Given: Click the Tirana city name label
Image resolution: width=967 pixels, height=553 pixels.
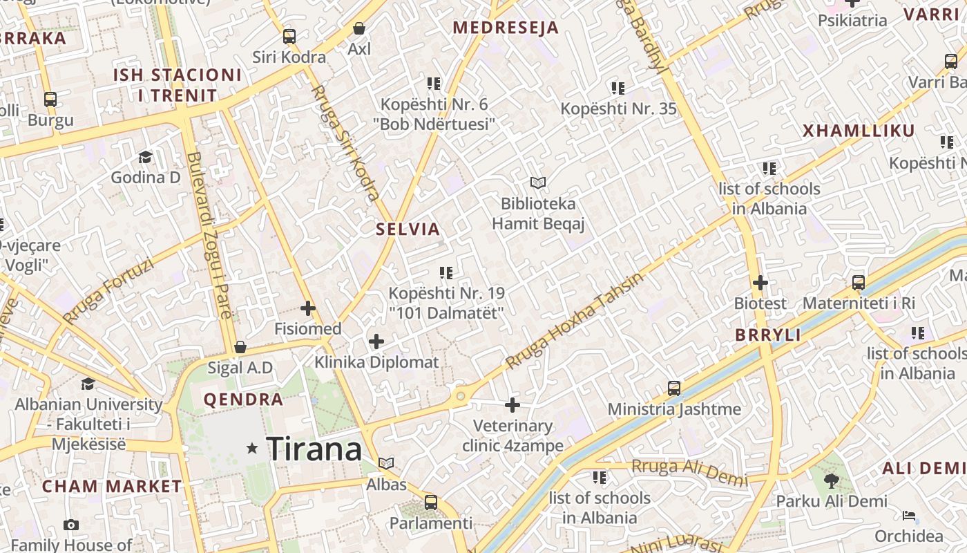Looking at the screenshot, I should pyautogui.click(x=314, y=449).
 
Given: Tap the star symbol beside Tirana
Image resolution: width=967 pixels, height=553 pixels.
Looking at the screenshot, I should pyautogui.click(x=252, y=449).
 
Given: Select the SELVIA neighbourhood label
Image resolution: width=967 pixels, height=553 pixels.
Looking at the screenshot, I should pyautogui.click(x=408, y=229).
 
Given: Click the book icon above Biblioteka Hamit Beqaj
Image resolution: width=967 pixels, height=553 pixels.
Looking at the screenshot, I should pyautogui.click(x=538, y=182).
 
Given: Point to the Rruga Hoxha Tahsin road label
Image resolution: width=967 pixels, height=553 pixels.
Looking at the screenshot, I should pyautogui.click(x=574, y=320).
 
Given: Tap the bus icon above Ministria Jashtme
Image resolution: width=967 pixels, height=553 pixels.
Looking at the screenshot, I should pyautogui.click(x=674, y=388).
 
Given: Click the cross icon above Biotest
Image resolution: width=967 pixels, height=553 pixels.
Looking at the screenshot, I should pyautogui.click(x=760, y=283).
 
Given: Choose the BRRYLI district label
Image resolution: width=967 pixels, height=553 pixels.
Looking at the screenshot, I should pyautogui.click(x=768, y=335).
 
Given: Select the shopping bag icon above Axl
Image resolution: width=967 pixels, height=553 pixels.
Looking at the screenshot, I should pyautogui.click(x=359, y=28).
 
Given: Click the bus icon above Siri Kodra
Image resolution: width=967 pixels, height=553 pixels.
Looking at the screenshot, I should pyautogui.click(x=289, y=37).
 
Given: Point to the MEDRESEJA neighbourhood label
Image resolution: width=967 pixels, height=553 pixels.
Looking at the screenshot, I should pyautogui.click(x=506, y=28).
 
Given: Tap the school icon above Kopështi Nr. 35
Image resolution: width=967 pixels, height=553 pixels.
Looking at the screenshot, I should pyautogui.click(x=618, y=88).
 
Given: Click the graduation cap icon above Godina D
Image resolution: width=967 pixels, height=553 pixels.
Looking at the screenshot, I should pyautogui.click(x=145, y=157).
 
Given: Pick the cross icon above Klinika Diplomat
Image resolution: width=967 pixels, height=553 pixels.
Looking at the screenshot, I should pyautogui.click(x=376, y=341).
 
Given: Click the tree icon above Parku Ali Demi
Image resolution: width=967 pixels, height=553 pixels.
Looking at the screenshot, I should pyautogui.click(x=832, y=480).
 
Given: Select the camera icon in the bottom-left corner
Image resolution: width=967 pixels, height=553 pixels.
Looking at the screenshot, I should pyautogui.click(x=71, y=525).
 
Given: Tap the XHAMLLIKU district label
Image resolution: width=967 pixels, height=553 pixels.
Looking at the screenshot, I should pyautogui.click(x=859, y=131).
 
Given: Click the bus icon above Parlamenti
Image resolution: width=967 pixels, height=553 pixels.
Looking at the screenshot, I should pyautogui.click(x=431, y=503).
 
